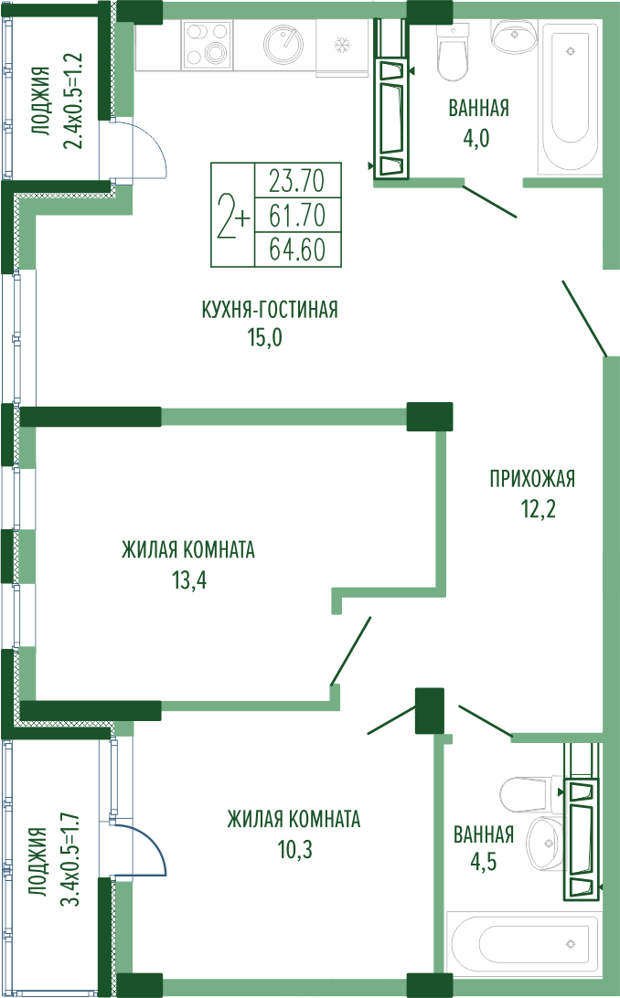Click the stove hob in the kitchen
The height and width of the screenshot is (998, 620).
click(x=207, y=44)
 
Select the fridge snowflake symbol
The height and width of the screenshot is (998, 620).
click(x=343, y=45)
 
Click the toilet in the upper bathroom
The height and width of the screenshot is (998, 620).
click(x=454, y=53)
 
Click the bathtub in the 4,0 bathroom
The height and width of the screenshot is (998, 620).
click(x=570, y=96)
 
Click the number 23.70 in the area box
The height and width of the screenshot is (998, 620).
click(x=296, y=181)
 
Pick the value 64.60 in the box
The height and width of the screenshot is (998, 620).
click(x=297, y=249)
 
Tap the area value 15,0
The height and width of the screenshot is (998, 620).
click(x=265, y=337)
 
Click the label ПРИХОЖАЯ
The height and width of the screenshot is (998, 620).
click(x=532, y=478)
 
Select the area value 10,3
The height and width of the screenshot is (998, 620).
click(x=294, y=849)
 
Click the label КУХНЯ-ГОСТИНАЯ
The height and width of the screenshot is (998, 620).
click(x=270, y=310)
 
